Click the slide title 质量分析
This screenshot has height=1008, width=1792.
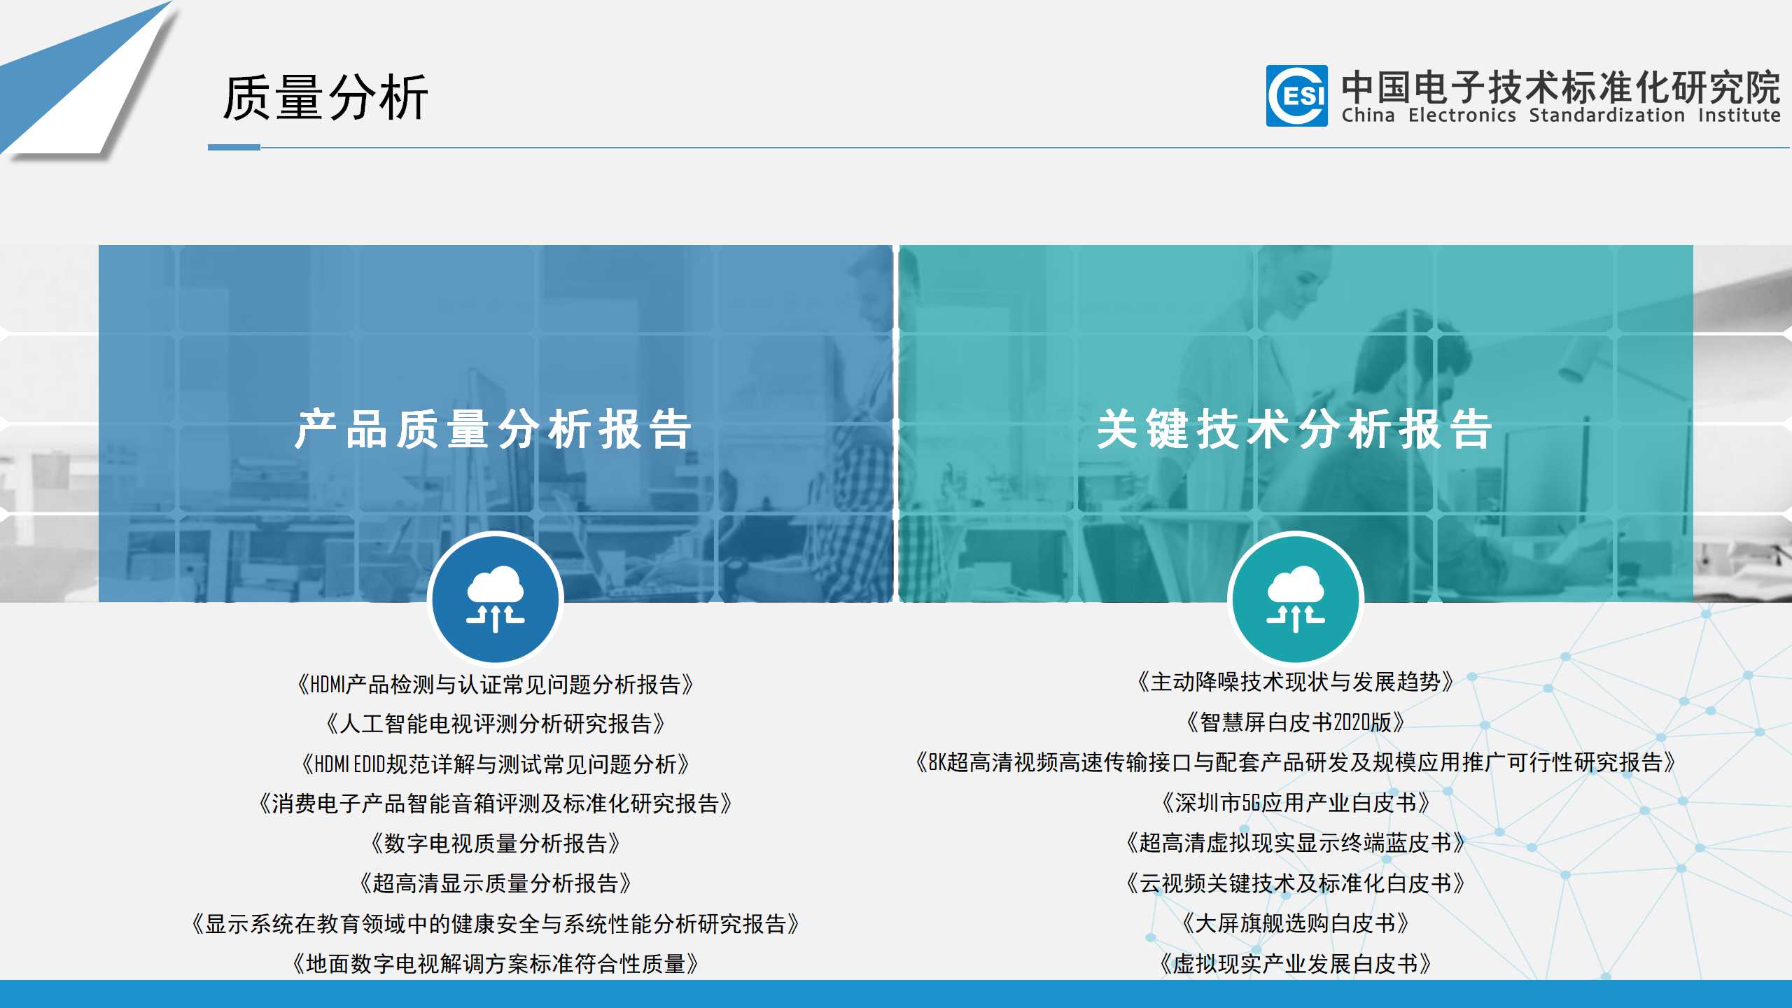click(x=325, y=97)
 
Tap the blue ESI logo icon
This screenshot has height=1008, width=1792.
click(x=1296, y=96)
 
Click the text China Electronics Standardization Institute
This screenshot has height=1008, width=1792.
click(x=1561, y=115)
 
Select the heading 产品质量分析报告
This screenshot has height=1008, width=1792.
click(x=493, y=428)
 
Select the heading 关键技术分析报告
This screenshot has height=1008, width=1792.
click(x=1295, y=428)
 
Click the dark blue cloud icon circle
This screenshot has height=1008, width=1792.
click(x=496, y=598)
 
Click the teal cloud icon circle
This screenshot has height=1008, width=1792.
click(x=1296, y=598)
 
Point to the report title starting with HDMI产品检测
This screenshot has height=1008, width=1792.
click(x=496, y=684)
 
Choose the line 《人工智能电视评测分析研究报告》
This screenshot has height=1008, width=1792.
click(x=496, y=723)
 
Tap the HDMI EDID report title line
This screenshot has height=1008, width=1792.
click(x=496, y=764)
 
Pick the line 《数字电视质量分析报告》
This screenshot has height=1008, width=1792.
click(x=496, y=843)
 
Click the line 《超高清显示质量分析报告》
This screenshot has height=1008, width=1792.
click(x=496, y=883)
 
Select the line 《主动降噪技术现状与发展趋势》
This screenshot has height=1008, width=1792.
click(x=1296, y=681)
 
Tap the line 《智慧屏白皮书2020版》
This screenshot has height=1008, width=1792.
click(x=1296, y=722)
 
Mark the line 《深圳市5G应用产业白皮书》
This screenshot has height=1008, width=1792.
click(x=1296, y=802)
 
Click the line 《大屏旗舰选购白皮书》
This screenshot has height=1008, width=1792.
click(x=1296, y=923)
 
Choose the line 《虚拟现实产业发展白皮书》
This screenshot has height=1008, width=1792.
click(x=1296, y=964)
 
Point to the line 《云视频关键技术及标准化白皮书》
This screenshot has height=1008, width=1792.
click(x=1296, y=883)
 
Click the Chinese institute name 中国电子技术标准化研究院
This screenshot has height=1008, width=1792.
click(x=1561, y=87)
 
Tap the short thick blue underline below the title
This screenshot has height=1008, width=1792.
click(x=234, y=147)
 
